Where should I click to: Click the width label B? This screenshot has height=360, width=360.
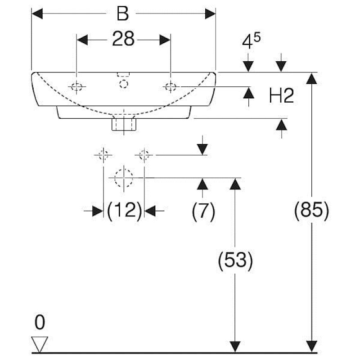click(x=122, y=13)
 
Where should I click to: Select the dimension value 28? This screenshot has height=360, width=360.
click(x=123, y=39)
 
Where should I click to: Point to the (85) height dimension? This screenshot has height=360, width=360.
click(x=311, y=210)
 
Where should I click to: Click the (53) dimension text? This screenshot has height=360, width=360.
click(x=235, y=261)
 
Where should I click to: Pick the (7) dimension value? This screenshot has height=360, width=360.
click(x=203, y=211)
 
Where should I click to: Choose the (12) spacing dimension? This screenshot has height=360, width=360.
click(x=125, y=210)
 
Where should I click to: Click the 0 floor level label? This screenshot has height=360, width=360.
click(x=40, y=322)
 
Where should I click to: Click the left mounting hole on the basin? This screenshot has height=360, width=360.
click(x=76, y=87)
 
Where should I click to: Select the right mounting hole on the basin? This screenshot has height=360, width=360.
click(x=171, y=87)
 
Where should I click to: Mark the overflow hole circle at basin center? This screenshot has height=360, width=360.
click(x=123, y=84)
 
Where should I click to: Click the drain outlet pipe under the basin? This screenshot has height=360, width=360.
click(x=124, y=124)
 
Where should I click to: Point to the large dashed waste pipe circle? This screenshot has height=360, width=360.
click(x=124, y=178)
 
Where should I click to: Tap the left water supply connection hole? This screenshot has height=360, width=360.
click(x=103, y=155)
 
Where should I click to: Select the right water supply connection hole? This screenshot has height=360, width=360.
click(x=144, y=155)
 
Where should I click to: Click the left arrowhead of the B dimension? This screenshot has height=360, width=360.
click(x=37, y=13)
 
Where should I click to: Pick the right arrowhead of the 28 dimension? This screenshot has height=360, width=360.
click(x=165, y=40)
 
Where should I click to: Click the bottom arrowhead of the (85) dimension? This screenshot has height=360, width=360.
click(x=311, y=346)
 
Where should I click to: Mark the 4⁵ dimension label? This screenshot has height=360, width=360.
click(x=251, y=41)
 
